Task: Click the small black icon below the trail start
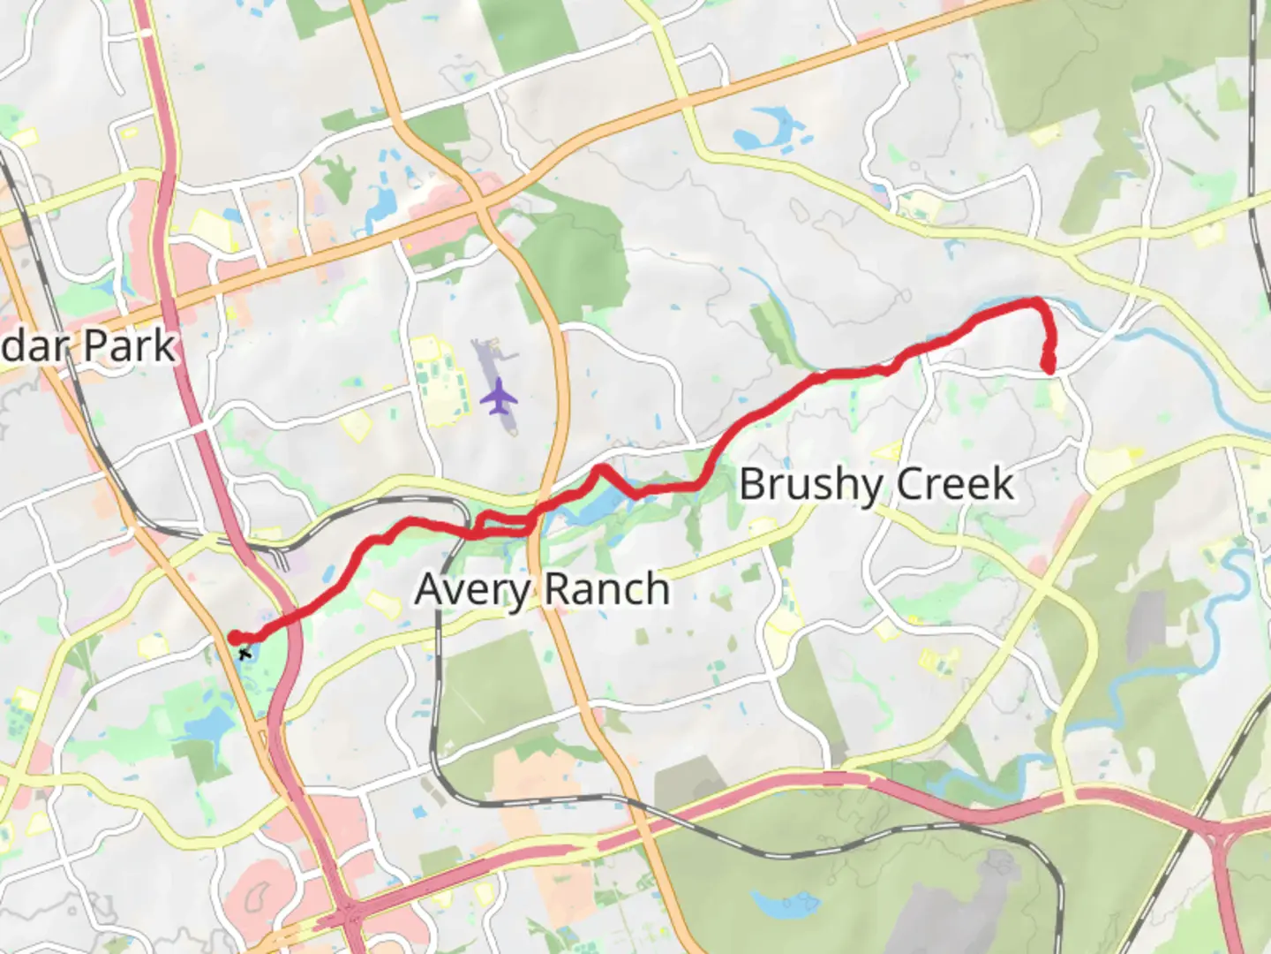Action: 244,654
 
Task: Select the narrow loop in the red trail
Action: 501,525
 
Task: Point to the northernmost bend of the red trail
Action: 1033,303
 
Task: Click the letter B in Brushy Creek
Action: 751,484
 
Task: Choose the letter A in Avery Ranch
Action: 429,590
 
